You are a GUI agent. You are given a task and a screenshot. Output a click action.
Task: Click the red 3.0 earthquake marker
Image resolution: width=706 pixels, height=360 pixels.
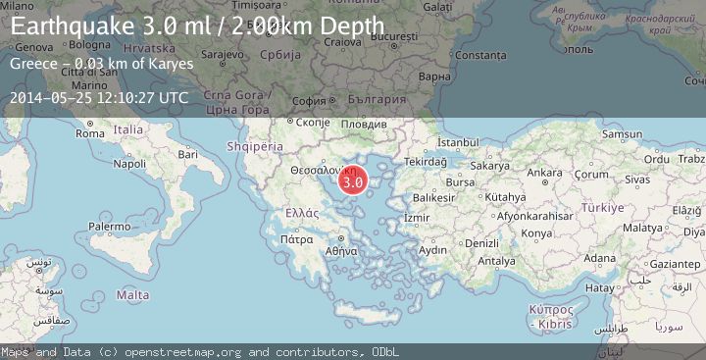click(x=353, y=181)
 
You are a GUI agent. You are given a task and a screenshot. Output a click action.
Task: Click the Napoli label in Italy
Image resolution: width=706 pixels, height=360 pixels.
click(x=129, y=164)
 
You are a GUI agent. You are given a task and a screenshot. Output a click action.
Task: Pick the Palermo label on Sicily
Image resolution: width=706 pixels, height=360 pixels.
click(x=109, y=227)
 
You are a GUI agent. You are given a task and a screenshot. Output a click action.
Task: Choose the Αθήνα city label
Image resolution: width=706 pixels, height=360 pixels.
click(x=341, y=250)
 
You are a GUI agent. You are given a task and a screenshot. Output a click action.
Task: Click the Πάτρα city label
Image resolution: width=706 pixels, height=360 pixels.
click(x=295, y=238)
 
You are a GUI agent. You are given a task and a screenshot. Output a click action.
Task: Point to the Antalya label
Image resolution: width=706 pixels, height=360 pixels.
click(x=495, y=261)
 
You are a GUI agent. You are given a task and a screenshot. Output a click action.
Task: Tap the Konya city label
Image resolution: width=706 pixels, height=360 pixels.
click(x=536, y=233)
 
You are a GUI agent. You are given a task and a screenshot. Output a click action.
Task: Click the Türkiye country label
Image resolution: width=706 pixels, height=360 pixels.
click(x=601, y=208)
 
